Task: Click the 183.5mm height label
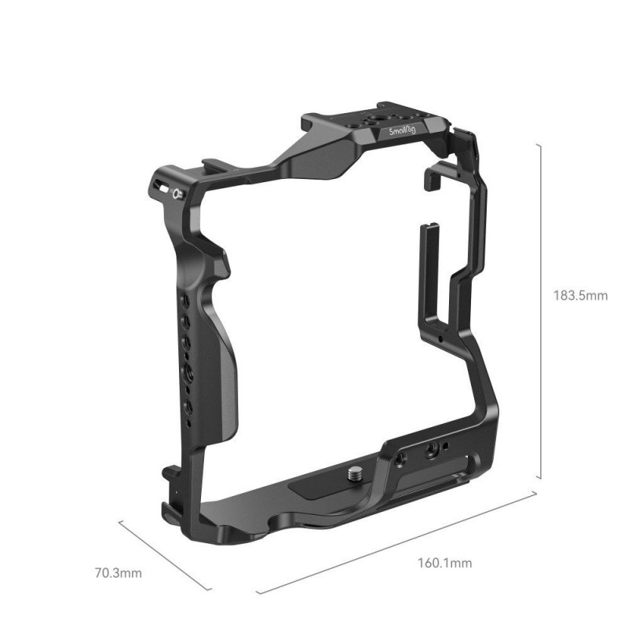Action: pyautogui.click(x=580, y=296)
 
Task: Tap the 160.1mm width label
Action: pyautogui.click(x=444, y=563)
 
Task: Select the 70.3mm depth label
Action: pyautogui.click(x=119, y=573)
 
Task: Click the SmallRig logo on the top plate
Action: pyautogui.click(x=402, y=131)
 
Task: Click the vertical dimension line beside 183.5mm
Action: pyautogui.click(x=541, y=311)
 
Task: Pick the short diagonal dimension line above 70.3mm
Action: pyautogui.click(x=165, y=555)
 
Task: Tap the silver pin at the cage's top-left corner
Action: pyautogui.click(x=178, y=194)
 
